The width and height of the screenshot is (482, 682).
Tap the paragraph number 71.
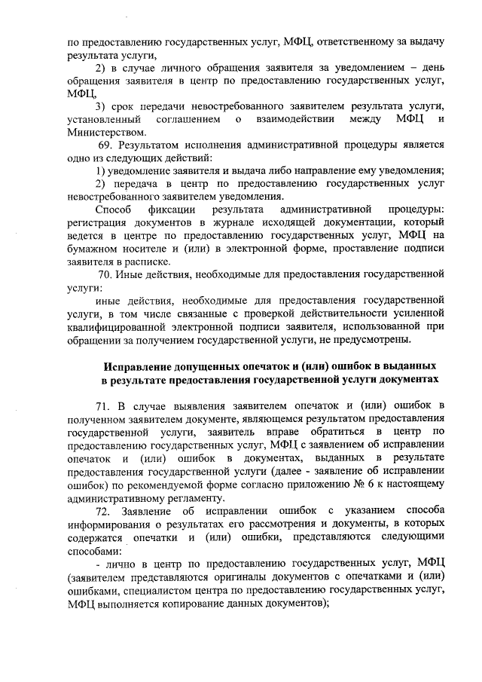(105, 405)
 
